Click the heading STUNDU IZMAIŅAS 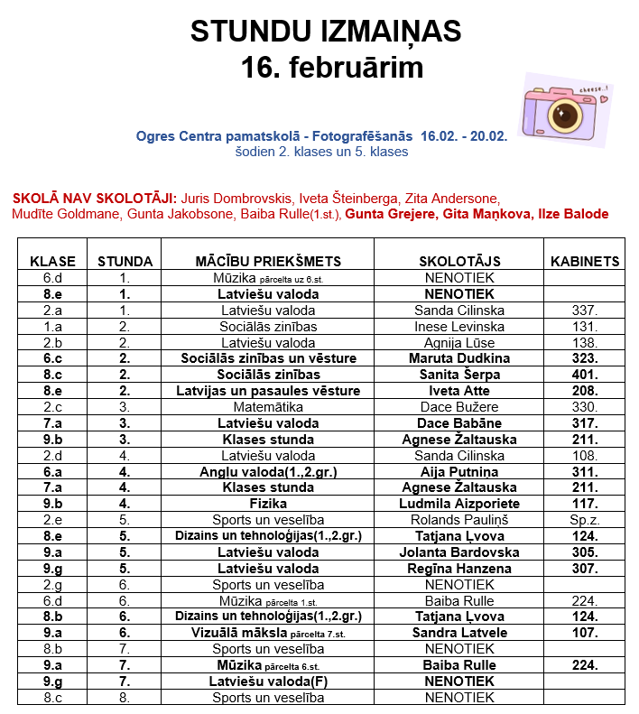(x=326, y=32)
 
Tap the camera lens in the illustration (x=566, y=114)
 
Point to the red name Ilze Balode (x=573, y=214)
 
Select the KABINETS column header (x=585, y=262)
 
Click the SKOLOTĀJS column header (x=459, y=262)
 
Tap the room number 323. (x=585, y=358)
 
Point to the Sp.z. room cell (x=585, y=520)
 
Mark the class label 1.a (x=53, y=326)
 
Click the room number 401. (x=585, y=375)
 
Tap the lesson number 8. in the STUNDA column (x=125, y=698)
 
